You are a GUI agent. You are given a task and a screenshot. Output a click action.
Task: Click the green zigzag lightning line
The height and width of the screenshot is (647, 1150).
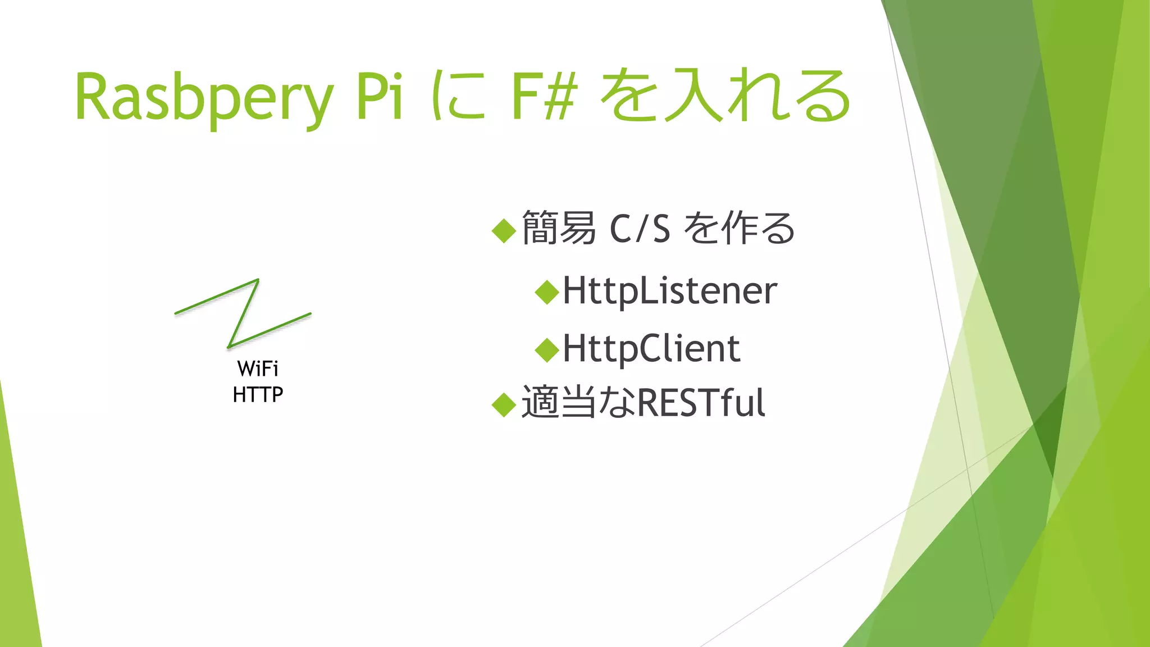tap(243, 313)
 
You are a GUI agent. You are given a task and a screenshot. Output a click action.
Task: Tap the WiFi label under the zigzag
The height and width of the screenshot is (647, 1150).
tap(258, 369)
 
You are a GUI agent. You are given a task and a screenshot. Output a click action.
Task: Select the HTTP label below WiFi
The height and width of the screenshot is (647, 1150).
tap(258, 395)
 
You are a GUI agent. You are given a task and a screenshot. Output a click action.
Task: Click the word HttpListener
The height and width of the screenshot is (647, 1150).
tap(670, 291)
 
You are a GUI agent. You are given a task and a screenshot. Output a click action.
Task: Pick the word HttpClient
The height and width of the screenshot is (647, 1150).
tap(651, 349)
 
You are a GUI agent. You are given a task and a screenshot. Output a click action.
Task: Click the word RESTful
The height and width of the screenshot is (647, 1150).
tap(701, 403)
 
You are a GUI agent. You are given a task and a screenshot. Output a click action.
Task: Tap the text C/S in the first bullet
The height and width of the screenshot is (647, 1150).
tap(640, 229)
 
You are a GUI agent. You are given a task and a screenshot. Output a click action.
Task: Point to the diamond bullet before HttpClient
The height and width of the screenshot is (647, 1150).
tap(547, 350)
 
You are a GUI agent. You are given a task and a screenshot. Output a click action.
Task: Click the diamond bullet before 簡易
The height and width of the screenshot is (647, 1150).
tap(504, 230)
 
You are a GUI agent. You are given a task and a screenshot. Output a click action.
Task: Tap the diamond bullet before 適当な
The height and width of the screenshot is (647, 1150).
tap(504, 404)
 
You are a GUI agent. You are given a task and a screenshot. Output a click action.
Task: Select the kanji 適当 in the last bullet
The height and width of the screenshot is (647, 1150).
tap(559, 403)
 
